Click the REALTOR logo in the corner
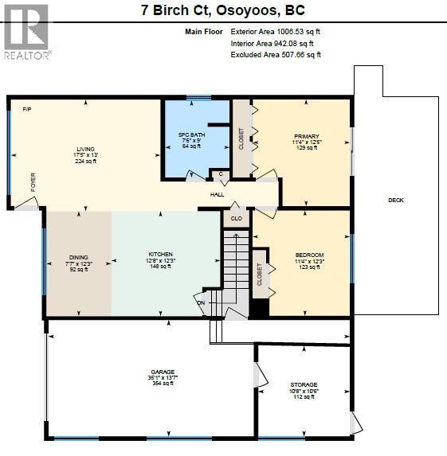[x=26, y=31]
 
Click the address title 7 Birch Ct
[x=223, y=11]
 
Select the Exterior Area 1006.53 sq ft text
[x=276, y=31]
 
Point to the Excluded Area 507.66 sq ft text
[x=276, y=55]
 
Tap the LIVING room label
[x=85, y=149]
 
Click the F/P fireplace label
[x=26, y=108]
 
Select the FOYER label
[x=33, y=181]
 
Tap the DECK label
[x=396, y=200]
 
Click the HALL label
[x=217, y=194]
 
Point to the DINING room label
[x=78, y=257]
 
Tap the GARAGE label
[x=163, y=372]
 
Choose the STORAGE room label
[x=304, y=384]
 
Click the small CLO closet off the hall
[x=236, y=218]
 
